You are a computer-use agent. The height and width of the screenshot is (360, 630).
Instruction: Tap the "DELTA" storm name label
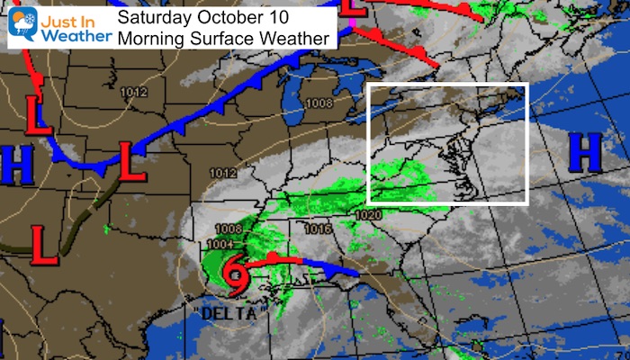pos(223,314)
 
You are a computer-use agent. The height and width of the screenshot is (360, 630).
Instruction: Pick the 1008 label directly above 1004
pos(228,229)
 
